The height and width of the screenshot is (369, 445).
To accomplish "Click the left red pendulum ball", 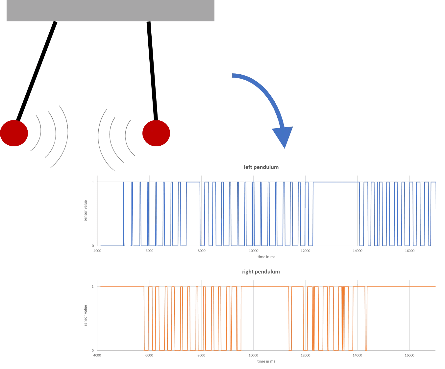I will (x=14, y=133).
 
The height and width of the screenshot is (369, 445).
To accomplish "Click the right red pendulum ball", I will (x=156, y=133).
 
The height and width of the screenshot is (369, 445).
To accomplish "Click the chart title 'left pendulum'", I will (x=261, y=167).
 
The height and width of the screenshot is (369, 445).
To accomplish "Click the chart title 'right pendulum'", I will (x=261, y=272).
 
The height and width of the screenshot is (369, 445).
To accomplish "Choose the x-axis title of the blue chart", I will (x=266, y=257).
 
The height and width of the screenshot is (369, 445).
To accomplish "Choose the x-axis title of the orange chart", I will (x=266, y=361).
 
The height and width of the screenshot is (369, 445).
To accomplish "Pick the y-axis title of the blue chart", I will (x=86, y=210).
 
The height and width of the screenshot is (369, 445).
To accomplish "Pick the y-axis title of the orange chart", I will (x=86, y=315).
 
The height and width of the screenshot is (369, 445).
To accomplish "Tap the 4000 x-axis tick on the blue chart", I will (x=97, y=251).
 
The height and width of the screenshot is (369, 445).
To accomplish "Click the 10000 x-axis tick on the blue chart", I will (x=253, y=251).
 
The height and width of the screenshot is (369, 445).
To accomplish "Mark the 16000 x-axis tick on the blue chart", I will (x=409, y=251).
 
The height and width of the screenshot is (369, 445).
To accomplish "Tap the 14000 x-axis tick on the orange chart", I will (x=358, y=355).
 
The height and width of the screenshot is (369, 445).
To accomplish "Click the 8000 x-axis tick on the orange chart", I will (x=201, y=355).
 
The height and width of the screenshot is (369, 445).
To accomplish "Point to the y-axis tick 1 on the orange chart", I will (x=93, y=286).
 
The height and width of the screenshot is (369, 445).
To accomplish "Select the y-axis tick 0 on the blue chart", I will (x=93, y=246).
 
